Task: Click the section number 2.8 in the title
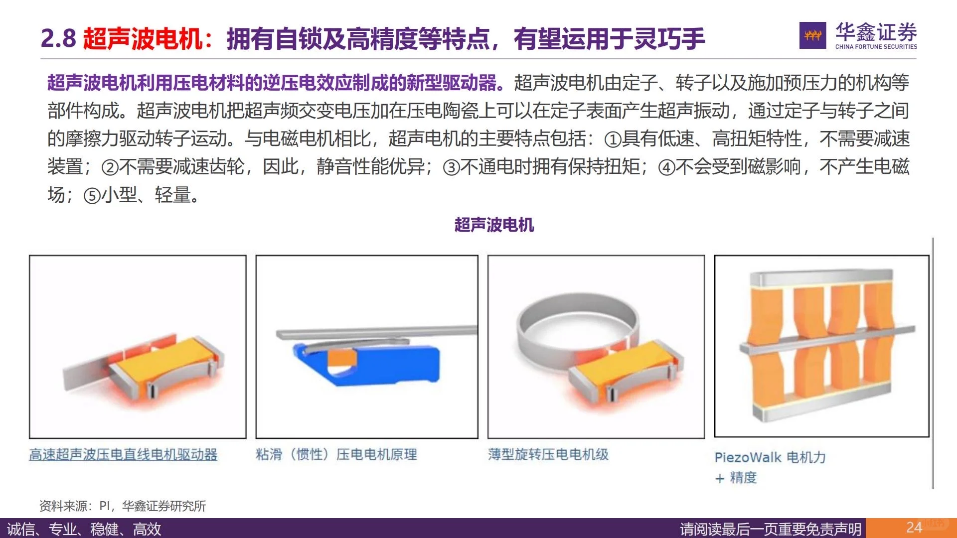(x=58, y=38)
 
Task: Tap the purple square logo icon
(x=812, y=35)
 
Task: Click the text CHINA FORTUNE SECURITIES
(x=876, y=47)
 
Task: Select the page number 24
(x=914, y=528)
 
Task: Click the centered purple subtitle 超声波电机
(x=494, y=225)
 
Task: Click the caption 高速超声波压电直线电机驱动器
(x=123, y=454)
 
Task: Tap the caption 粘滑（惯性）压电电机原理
(x=336, y=454)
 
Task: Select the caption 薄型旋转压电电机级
(x=548, y=454)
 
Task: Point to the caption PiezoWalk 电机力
(x=770, y=457)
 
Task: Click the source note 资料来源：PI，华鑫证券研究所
(x=123, y=506)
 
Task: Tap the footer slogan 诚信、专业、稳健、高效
(x=84, y=529)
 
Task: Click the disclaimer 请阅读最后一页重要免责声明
(x=771, y=529)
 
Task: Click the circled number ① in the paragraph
(x=613, y=140)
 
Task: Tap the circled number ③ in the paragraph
(x=451, y=168)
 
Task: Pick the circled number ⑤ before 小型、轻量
(x=92, y=196)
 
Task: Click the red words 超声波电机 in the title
(x=143, y=38)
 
